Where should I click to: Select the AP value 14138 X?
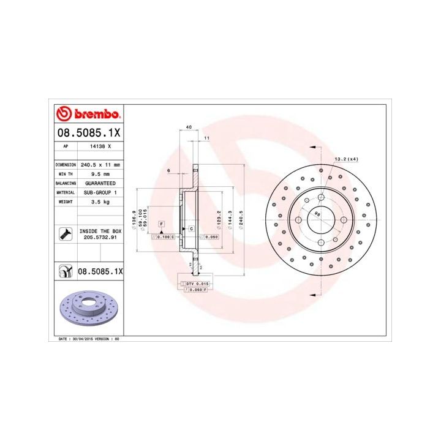point(100,146)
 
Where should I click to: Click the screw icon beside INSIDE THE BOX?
point(64,233)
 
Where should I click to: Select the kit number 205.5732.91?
point(100,238)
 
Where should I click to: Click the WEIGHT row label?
point(65,202)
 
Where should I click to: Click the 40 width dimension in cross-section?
point(189,127)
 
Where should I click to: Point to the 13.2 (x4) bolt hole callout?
point(346,159)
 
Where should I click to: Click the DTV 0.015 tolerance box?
point(196,284)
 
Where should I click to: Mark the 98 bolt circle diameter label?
point(317,213)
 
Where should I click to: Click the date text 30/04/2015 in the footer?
point(82,338)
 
